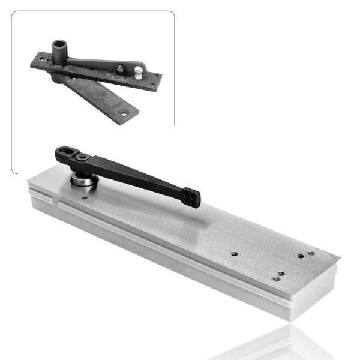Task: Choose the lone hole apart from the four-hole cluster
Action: pos(234,254)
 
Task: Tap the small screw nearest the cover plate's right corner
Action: pos(311,253)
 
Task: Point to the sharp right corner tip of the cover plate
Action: pos(340,259)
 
